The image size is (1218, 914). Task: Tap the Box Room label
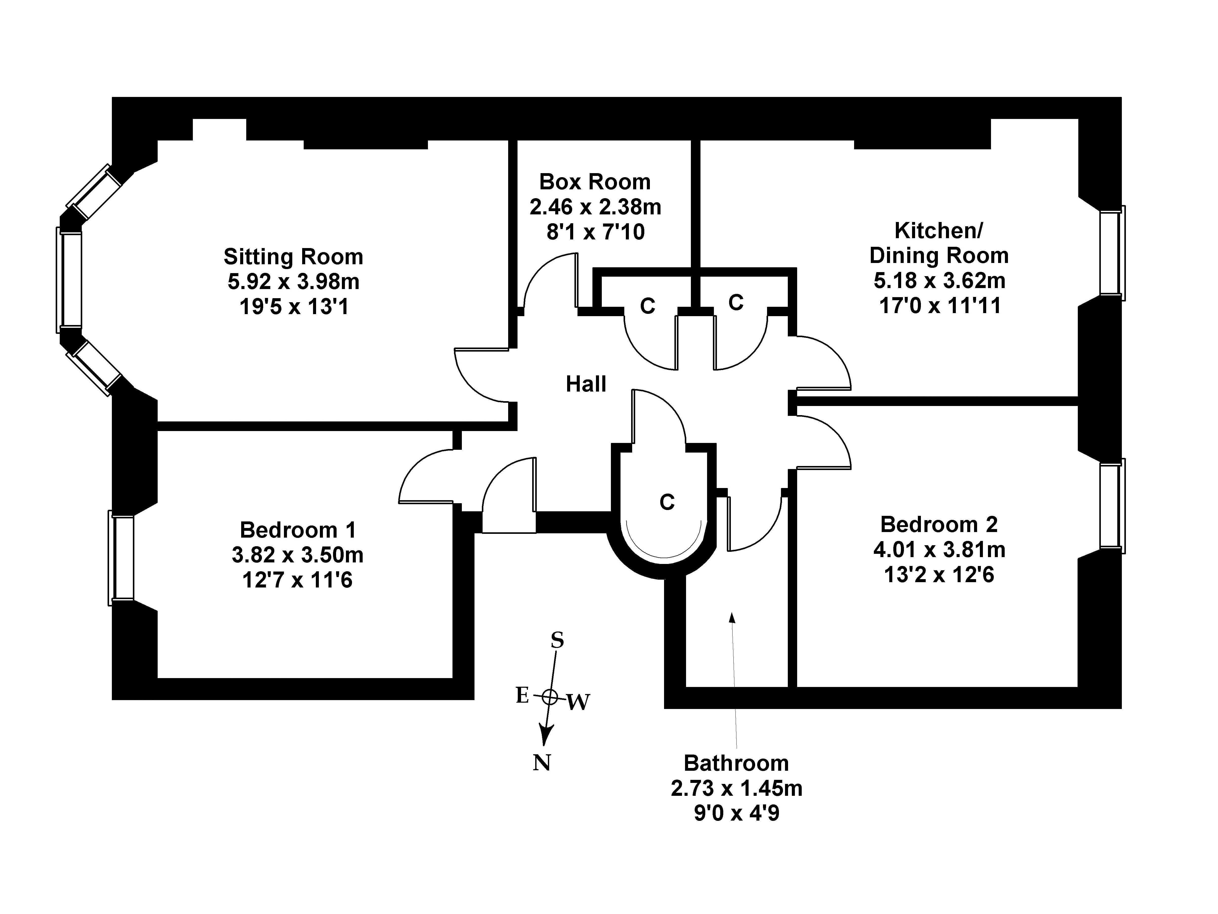(595, 182)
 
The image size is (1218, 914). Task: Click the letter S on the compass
(557, 640)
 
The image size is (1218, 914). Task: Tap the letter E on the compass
(522, 695)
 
